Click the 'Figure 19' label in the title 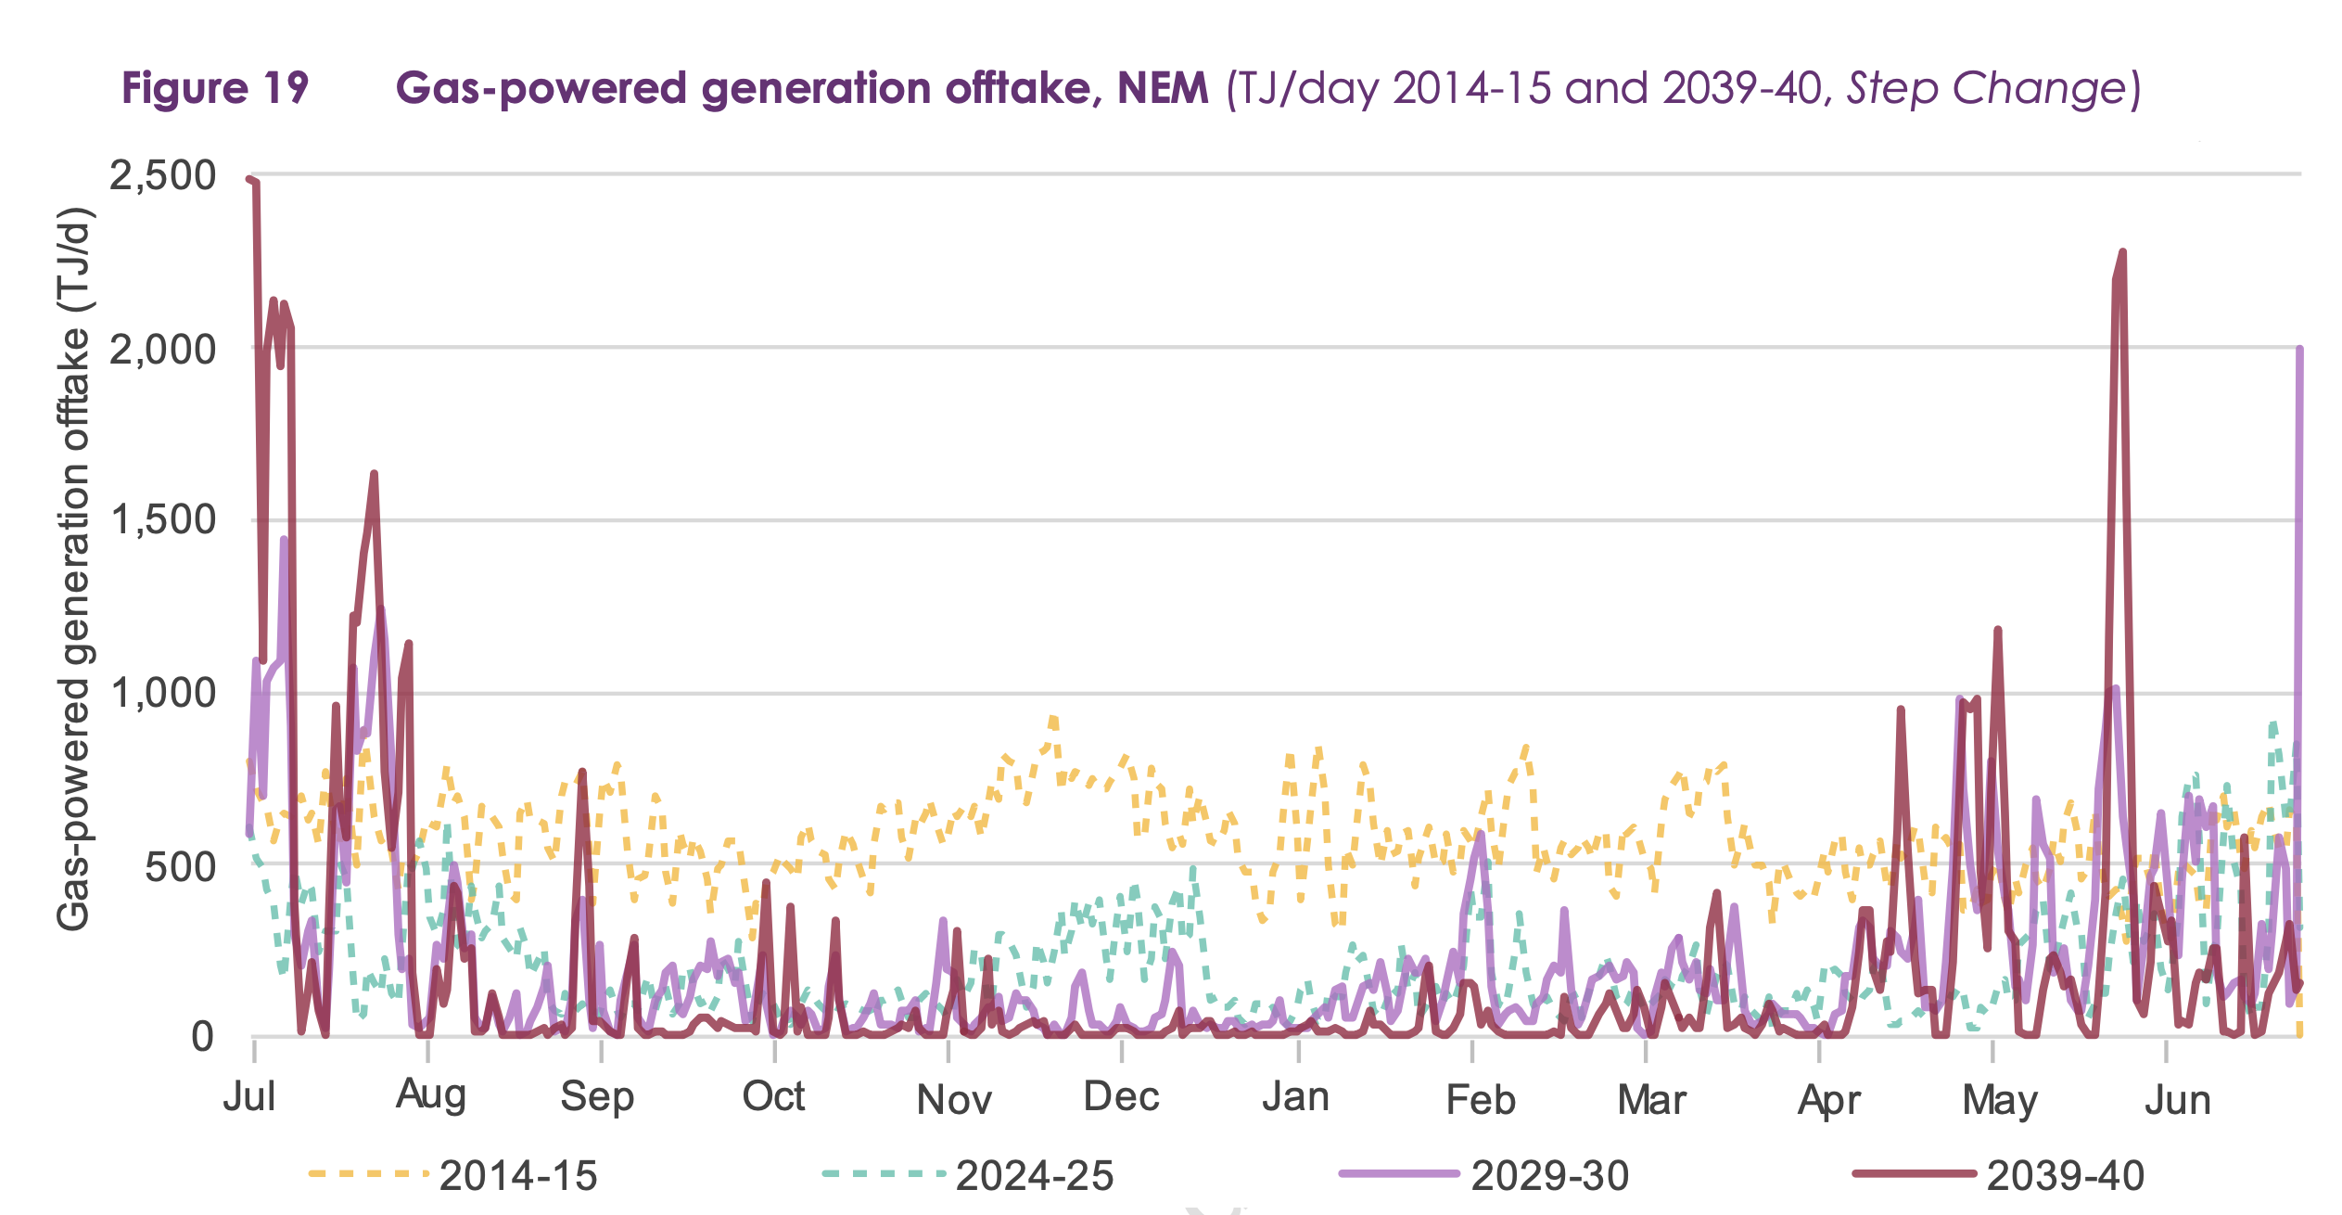[214, 88]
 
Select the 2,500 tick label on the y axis [162, 174]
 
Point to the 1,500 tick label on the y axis [162, 520]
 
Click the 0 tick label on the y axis [202, 1036]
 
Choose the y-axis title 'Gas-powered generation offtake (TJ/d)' [74, 568]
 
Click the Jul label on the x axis [249, 1097]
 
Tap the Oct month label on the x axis [773, 1097]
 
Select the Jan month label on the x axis [1295, 1097]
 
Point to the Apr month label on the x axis [1828, 1100]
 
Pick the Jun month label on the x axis [2178, 1100]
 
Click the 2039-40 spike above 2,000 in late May [2121, 254]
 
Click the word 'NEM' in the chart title [1163, 88]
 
